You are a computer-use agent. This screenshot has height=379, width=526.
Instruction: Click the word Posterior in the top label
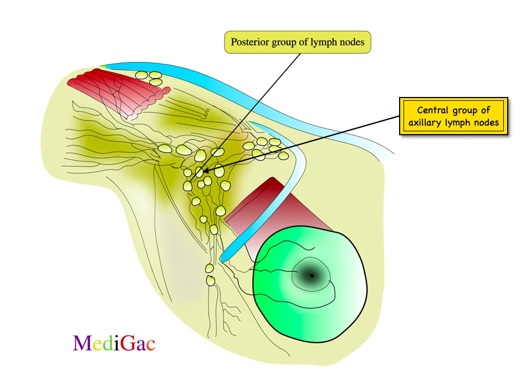(249, 42)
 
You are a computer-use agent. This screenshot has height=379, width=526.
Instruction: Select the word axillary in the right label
(432, 122)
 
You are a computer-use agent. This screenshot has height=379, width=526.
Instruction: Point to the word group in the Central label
(467, 110)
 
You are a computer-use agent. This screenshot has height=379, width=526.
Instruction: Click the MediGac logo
(114, 344)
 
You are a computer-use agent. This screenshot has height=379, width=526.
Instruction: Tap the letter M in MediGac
(82, 344)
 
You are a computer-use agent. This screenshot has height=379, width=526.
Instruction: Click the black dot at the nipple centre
(311, 275)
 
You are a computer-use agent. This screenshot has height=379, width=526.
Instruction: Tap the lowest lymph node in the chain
(211, 280)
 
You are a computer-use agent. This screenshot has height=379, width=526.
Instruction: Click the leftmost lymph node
(165, 148)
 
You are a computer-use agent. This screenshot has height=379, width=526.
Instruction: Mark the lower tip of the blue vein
(223, 258)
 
